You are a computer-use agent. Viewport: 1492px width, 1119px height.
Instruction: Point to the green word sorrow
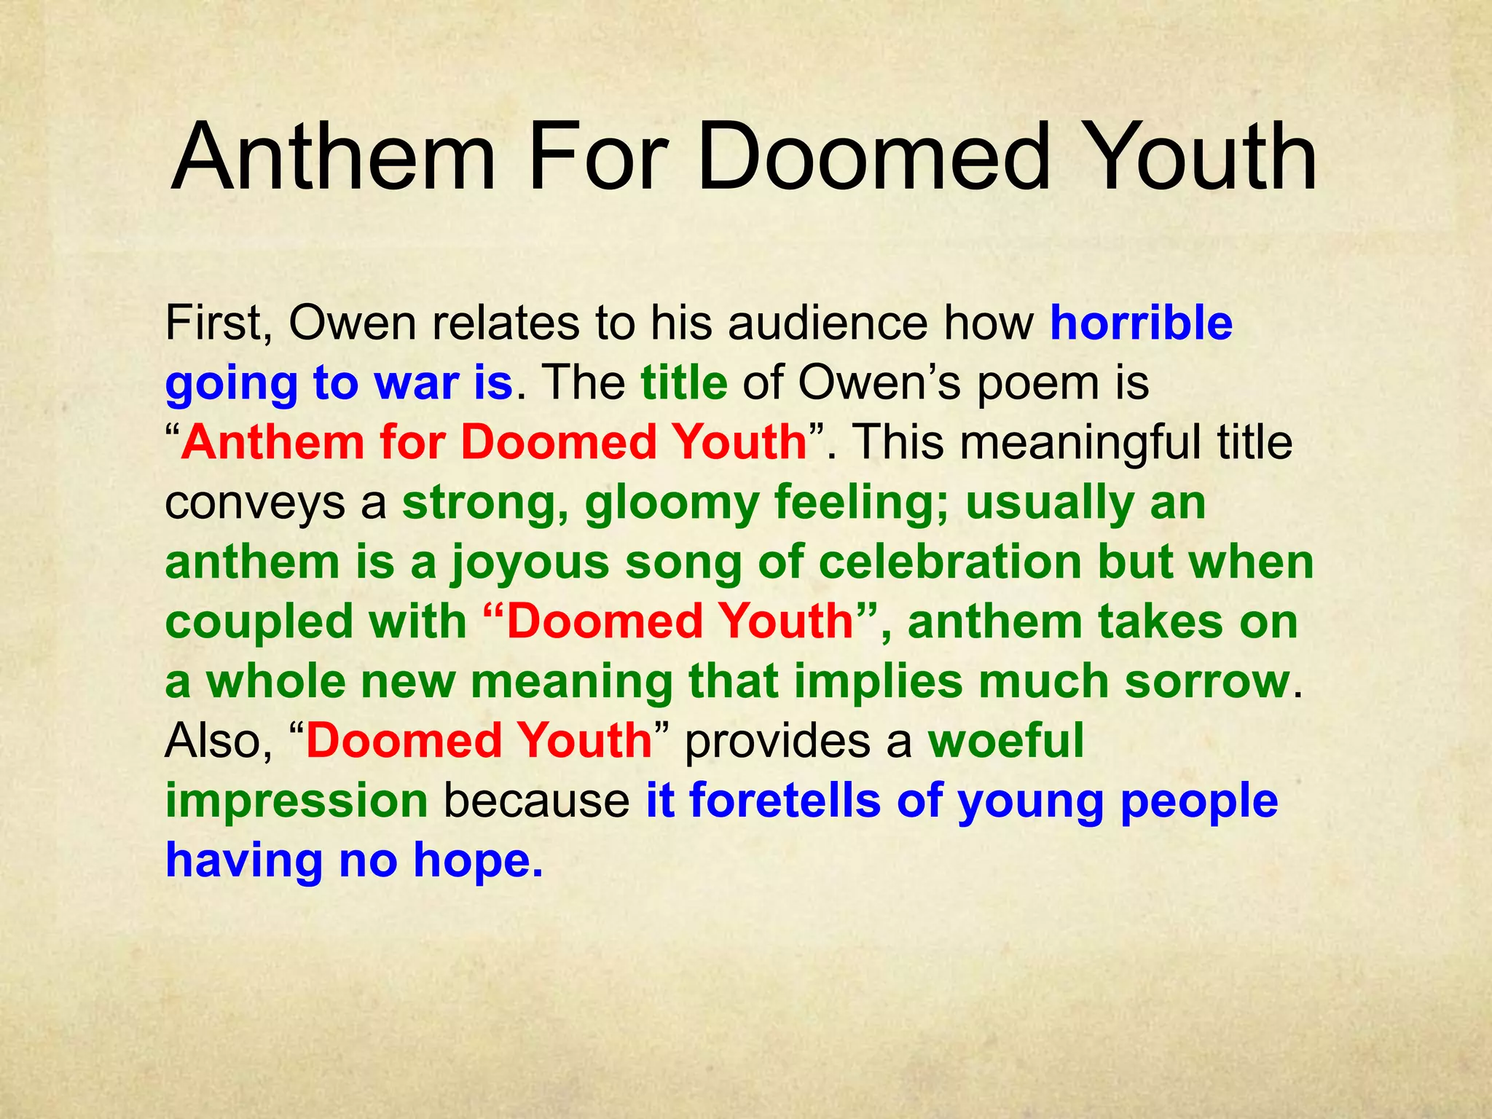click(x=1206, y=682)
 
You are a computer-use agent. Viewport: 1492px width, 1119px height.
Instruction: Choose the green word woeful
click(x=1006, y=742)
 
